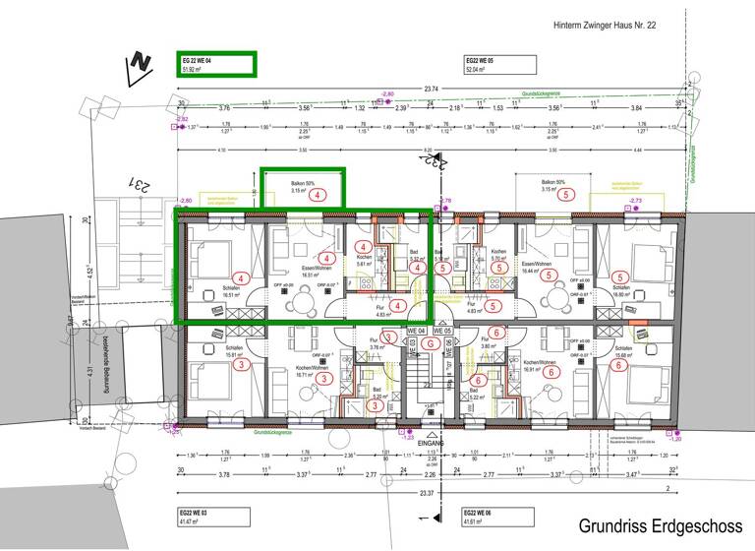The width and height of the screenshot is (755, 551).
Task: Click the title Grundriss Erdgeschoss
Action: click(660, 525)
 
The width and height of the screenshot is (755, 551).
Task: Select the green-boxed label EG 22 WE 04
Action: click(214, 65)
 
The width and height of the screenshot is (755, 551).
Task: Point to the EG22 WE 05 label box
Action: click(499, 65)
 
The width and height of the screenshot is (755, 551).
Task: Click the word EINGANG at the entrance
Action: click(430, 444)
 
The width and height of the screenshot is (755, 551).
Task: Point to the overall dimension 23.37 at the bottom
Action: click(429, 492)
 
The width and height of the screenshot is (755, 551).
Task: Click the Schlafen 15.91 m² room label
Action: click(234, 351)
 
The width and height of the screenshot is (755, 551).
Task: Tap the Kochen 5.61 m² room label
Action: click(364, 261)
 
